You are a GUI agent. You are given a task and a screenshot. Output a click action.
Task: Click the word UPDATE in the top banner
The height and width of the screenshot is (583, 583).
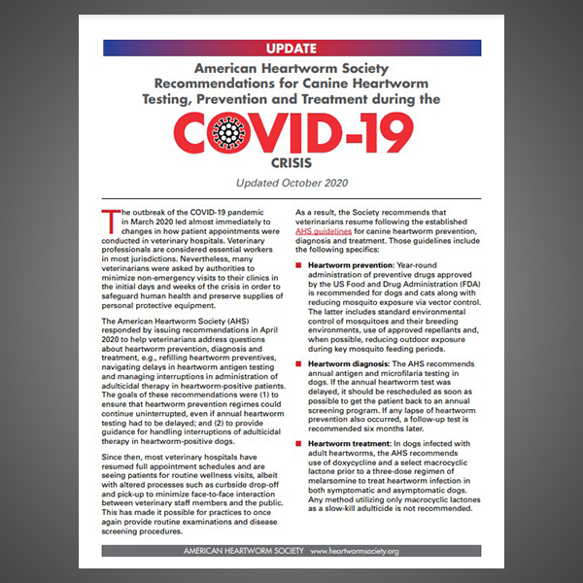(291, 48)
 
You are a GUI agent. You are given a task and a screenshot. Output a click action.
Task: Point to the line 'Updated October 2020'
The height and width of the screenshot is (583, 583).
(291, 184)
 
